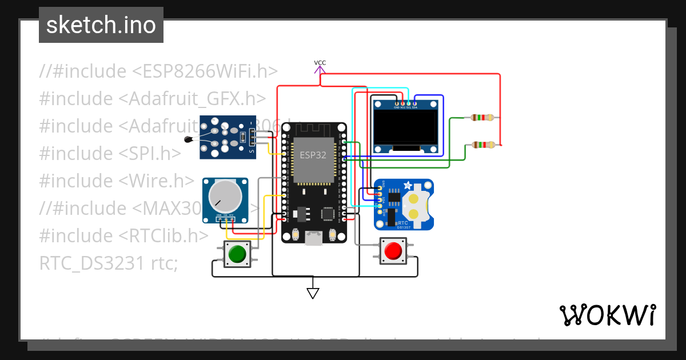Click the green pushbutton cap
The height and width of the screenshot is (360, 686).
click(x=237, y=253)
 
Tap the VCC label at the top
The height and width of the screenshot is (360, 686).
click(x=320, y=63)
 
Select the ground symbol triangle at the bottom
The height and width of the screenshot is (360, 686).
click(x=313, y=293)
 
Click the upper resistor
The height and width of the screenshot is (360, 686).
click(x=482, y=118)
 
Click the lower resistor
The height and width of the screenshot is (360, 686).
click(x=483, y=145)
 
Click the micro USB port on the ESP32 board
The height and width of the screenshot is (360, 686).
click(x=313, y=238)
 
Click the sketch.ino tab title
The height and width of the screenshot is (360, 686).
click(x=101, y=25)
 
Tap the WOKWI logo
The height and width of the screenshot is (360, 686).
click(x=607, y=315)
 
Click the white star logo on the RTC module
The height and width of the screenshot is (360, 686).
click(x=408, y=185)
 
